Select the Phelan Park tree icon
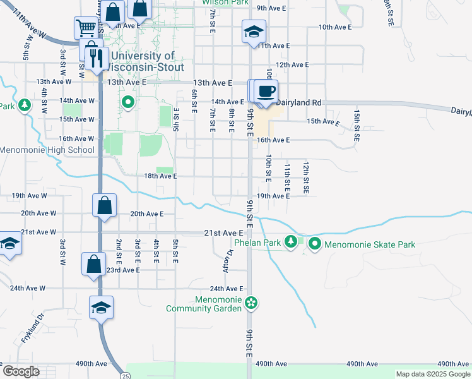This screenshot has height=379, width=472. pyautogui.click(x=291, y=241)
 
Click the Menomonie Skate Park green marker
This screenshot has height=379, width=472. pyautogui.click(x=314, y=244)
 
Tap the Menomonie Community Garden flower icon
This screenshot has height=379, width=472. pyautogui.click(x=251, y=303)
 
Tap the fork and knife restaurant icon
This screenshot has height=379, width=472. pyautogui.click(x=97, y=58)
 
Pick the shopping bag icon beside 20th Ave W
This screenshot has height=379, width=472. pyautogui.click(x=104, y=205)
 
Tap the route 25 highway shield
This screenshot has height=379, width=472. pyautogui.click(x=126, y=375)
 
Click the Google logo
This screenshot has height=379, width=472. pyautogui.click(x=21, y=371)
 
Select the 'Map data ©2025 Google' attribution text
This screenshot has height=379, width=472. pyautogui.click(x=432, y=374)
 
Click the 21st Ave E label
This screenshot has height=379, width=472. pyautogui.click(x=223, y=233)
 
